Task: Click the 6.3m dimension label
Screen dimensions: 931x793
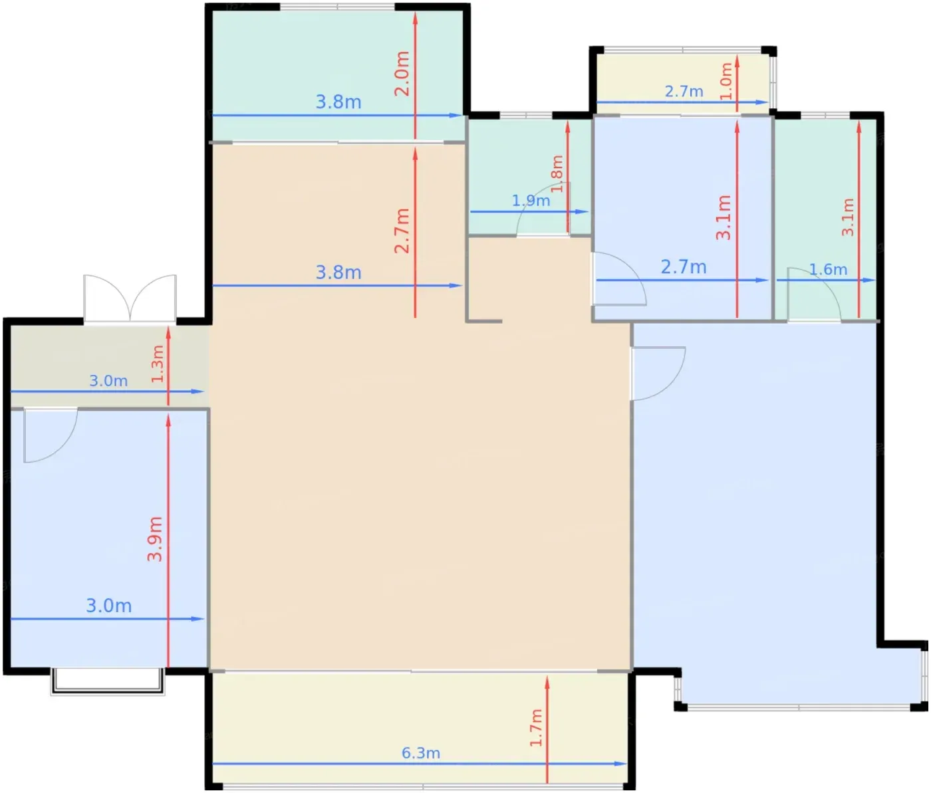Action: tap(421, 753)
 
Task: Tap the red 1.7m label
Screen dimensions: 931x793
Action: tap(535, 727)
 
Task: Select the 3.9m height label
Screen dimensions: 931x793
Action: tap(154, 539)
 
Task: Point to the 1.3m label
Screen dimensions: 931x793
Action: tap(157, 364)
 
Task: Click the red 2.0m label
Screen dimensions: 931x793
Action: tap(402, 73)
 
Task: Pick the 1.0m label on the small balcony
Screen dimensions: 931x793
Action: tap(726, 81)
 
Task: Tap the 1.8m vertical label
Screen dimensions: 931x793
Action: tap(557, 173)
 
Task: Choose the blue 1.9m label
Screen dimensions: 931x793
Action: tap(531, 200)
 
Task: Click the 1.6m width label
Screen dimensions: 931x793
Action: tap(828, 269)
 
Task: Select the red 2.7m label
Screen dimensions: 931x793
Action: tap(402, 231)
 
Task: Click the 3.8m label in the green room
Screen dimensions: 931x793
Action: tap(338, 102)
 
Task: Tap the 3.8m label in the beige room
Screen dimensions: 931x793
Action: tap(338, 273)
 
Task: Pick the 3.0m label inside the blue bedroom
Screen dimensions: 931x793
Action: tap(108, 606)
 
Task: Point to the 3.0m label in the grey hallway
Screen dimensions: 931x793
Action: tap(108, 381)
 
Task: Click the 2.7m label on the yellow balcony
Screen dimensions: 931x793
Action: tap(684, 92)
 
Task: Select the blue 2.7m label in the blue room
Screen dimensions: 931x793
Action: tap(683, 267)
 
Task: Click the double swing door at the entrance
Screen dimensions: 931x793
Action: tap(130, 298)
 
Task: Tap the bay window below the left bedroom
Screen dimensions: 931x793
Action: tap(107, 681)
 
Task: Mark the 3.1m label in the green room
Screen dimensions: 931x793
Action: tap(848, 217)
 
